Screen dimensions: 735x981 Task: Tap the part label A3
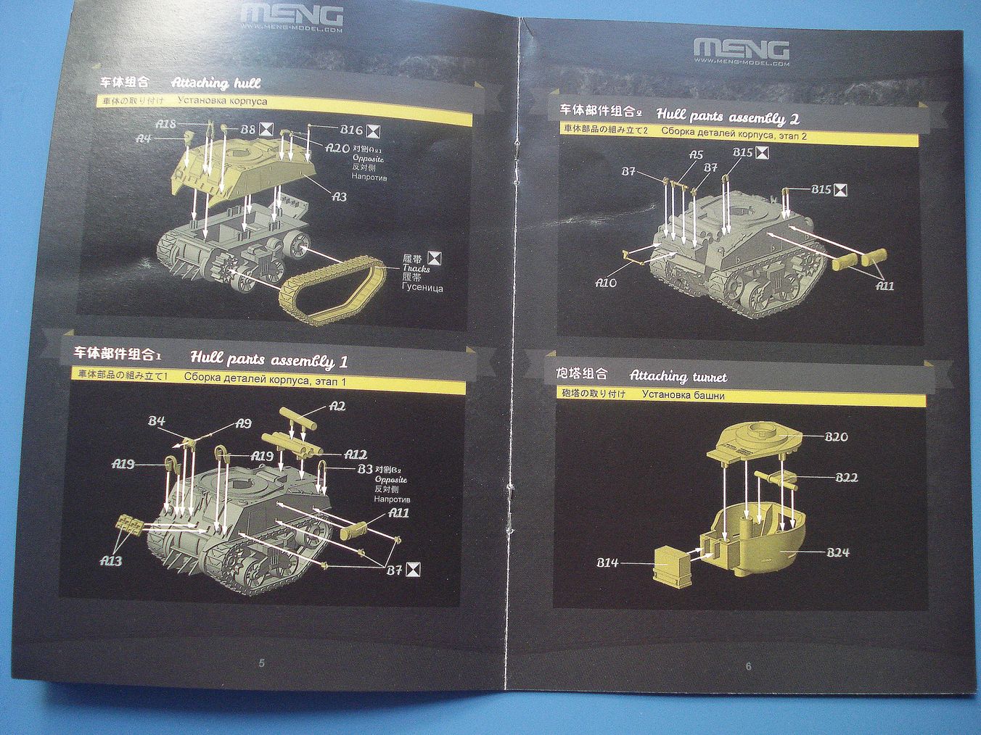click(x=339, y=196)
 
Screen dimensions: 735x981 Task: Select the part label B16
click(x=351, y=130)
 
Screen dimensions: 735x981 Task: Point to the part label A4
click(x=144, y=138)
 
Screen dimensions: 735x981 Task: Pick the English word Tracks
click(x=416, y=268)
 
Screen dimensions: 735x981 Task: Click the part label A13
click(x=111, y=560)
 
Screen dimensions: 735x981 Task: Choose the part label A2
click(x=337, y=407)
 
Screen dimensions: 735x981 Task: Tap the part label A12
click(x=355, y=454)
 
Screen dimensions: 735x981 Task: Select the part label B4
click(x=157, y=421)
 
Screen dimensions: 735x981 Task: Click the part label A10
click(x=606, y=283)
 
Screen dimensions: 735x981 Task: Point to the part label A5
click(x=696, y=155)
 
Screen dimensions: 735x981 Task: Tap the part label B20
click(x=836, y=436)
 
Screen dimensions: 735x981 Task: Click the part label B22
click(x=846, y=477)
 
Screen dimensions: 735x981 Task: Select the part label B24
click(x=837, y=552)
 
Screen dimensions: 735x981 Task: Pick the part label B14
click(x=608, y=562)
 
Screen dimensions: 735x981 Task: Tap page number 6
click(x=748, y=666)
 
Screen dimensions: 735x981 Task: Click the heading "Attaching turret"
click(x=678, y=376)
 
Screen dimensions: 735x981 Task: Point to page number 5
click(x=262, y=663)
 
